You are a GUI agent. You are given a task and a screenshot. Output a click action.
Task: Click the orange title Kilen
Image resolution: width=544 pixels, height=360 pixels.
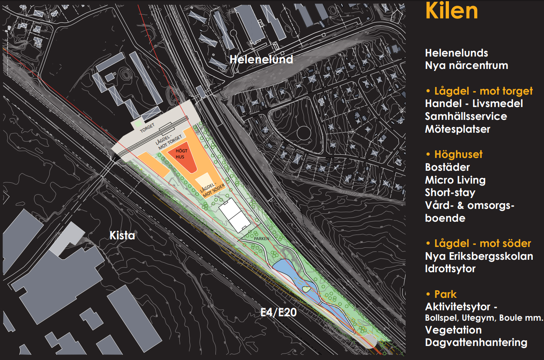451,11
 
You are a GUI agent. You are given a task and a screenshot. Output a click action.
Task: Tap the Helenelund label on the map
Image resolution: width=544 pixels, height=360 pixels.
261,60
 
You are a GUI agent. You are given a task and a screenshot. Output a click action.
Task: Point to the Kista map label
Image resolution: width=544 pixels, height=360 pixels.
122,235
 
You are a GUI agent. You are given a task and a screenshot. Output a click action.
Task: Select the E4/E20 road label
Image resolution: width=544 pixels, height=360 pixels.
278,312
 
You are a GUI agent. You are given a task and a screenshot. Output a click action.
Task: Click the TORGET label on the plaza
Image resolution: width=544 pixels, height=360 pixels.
147,128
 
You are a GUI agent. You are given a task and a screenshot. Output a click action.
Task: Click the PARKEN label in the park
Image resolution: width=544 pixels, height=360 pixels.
262,239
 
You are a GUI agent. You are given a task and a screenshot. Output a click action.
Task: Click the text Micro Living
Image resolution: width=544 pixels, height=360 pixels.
455,180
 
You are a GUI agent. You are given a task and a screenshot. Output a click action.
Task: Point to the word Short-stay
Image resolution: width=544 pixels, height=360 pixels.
450,193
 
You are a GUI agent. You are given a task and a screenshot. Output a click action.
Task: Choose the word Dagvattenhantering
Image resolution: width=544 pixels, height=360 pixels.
476,343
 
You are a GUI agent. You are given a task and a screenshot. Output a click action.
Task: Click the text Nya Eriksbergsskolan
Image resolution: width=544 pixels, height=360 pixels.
479,257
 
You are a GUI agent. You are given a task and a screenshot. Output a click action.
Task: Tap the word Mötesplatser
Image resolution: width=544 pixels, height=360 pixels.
457,129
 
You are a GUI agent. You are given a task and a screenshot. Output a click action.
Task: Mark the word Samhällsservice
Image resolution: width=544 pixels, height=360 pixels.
466,117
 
